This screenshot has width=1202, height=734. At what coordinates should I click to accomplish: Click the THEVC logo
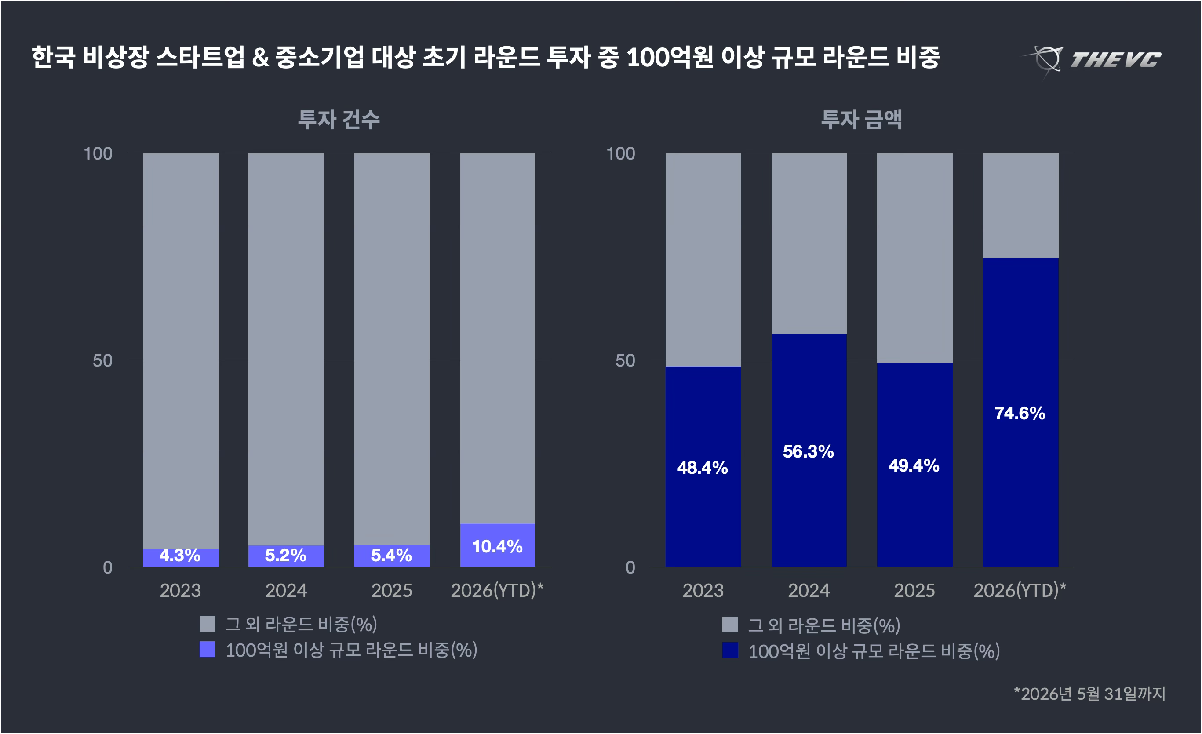point(1091,59)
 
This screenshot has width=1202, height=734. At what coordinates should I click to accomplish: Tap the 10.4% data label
point(497,547)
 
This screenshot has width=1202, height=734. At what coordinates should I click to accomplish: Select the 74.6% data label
point(1020,414)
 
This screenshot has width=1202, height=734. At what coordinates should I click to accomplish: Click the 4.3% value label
point(180,556)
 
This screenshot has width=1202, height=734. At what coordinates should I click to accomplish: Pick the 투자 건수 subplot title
point(339,120)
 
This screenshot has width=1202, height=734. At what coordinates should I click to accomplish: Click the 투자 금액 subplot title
point(862,120)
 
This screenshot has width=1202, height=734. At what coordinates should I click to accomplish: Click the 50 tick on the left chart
point(102,360)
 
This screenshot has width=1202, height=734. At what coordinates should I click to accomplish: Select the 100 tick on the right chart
point(620,154)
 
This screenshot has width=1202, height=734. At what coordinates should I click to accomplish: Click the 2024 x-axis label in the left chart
point(286,591)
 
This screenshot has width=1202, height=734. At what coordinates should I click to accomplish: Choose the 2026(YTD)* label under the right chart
point(1020,591)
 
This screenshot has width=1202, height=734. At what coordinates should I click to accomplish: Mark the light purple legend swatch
point(208,650)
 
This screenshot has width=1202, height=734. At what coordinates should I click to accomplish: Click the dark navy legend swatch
point(730,650)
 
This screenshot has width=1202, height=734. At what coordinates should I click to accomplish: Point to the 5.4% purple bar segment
point(392,556)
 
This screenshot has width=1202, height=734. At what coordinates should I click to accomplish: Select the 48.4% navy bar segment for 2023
point(703,467)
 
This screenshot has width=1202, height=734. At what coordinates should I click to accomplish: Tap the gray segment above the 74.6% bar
point(1020,206)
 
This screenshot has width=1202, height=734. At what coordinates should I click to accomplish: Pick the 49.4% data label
point(914,466)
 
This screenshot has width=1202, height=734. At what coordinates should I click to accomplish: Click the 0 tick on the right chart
point(630,568)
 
